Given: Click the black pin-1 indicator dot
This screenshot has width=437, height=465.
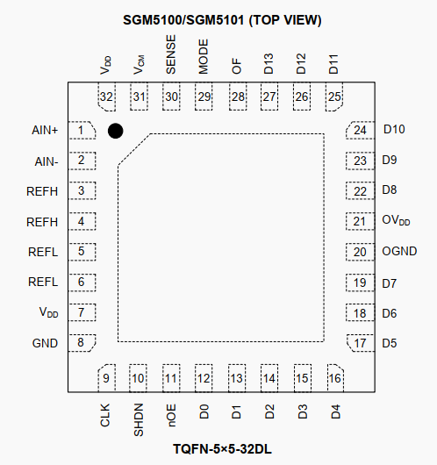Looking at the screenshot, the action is coord(116,131).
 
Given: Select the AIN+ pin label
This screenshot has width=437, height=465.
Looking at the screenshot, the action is coord(45,130).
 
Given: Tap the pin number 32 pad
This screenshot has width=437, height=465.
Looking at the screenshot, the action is coord(106,97).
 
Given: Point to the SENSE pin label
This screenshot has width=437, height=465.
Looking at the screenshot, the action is coord(171,54).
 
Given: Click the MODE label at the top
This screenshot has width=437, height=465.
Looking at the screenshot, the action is coord(204,57).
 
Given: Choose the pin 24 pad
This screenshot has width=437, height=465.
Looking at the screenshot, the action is coord(360,130).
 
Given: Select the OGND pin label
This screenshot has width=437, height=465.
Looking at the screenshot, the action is coord(399,251).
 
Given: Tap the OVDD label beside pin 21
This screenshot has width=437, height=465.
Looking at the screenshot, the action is coord(396,220).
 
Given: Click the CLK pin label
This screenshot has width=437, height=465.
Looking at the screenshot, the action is coord(105,415).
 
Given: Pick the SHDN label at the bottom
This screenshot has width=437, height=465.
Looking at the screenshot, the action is coord(139,419).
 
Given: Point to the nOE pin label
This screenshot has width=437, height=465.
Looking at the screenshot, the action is coord(171,415).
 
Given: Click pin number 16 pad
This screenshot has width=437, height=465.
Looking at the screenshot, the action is coord(335,378).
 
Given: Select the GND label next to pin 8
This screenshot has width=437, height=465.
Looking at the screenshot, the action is coord(45,343).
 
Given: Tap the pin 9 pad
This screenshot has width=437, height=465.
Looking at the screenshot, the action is coord(106,378).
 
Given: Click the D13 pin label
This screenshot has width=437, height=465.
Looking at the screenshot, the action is coord(269,64).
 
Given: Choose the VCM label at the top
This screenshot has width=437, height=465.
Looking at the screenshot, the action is coord(139,65).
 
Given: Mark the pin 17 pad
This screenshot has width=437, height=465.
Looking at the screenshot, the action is coord(361,343).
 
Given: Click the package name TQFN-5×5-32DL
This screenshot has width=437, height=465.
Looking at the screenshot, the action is coord(222,449).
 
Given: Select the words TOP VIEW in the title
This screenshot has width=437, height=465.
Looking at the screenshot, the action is coord(285,20).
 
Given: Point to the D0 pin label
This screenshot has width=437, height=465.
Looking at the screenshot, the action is coord(204,411).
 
